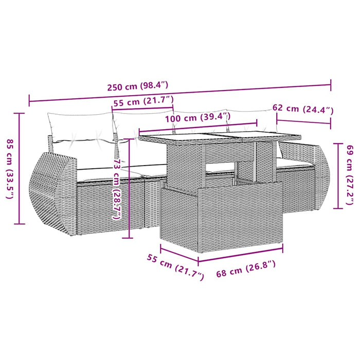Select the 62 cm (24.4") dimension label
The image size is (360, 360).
pos(303,109)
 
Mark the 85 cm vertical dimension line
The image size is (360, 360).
pos(20,168)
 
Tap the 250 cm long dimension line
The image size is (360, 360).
pos(180,92)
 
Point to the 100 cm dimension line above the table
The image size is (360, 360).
pos(197,127)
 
